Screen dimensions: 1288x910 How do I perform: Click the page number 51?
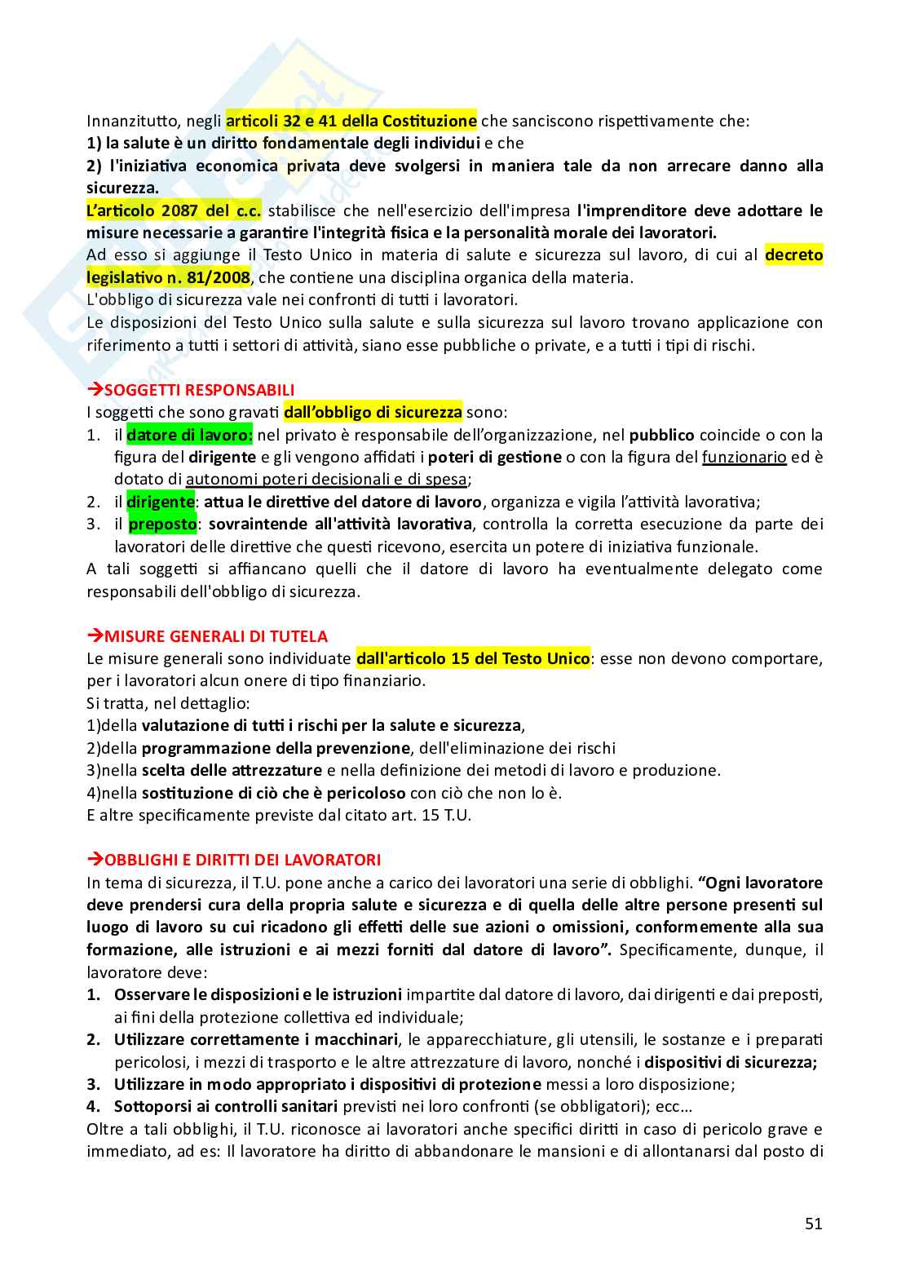pos(813,1224)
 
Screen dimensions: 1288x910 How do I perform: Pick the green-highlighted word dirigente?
pos(161,502)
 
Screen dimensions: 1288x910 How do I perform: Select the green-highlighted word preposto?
pos(162,524)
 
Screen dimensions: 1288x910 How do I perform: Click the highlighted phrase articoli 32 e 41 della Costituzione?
pos(351,121)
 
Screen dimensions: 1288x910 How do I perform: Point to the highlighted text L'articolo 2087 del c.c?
pos(174,210)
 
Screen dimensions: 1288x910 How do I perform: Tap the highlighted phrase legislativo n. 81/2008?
pos(169,277)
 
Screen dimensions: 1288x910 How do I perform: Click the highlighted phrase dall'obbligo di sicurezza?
pos(373,412)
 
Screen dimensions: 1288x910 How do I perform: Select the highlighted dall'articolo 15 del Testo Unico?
pos(473,658)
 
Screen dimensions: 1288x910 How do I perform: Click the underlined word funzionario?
pos(744,457)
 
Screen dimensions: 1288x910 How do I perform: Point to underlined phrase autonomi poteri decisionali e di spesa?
pos(327,480)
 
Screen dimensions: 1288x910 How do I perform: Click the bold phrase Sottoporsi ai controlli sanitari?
pos(226,1106)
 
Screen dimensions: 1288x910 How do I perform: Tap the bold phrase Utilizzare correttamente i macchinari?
pos(256,1039)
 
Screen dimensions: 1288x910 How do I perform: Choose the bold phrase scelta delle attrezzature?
pos(232,770)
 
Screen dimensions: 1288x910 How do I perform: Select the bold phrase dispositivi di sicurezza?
pos(731,1062)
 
